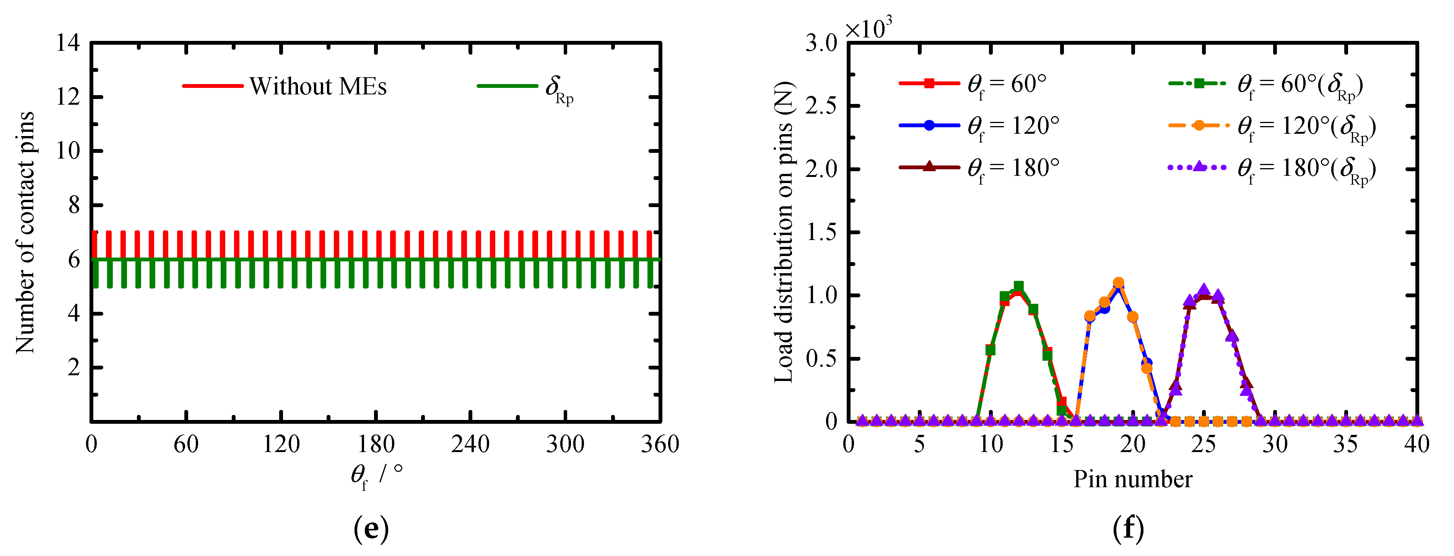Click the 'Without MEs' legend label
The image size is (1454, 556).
pos(318,87)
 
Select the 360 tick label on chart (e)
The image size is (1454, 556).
pos(659,445)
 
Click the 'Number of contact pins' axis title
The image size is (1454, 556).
pos(25,232)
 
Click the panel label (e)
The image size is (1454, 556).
pos(371,528)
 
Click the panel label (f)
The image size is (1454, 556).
pos(1128,528)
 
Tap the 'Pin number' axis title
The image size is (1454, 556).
pos(1132,479)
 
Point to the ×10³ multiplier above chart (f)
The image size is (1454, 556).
pos(868,28)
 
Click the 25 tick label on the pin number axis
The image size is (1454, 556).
pos(1204,445)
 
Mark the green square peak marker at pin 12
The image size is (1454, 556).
pos(1018,287)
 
